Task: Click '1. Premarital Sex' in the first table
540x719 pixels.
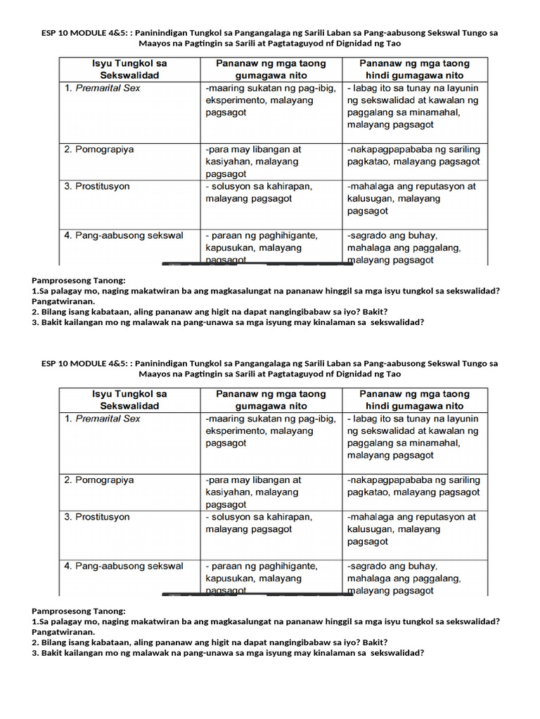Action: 103,88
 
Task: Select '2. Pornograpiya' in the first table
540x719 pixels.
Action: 99,150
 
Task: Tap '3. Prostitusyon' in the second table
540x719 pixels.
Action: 97,517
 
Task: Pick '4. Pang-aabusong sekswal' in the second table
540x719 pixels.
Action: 124,566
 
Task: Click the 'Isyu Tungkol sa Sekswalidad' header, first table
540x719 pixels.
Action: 129,69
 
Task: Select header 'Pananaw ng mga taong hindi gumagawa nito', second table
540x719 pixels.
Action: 414,400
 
